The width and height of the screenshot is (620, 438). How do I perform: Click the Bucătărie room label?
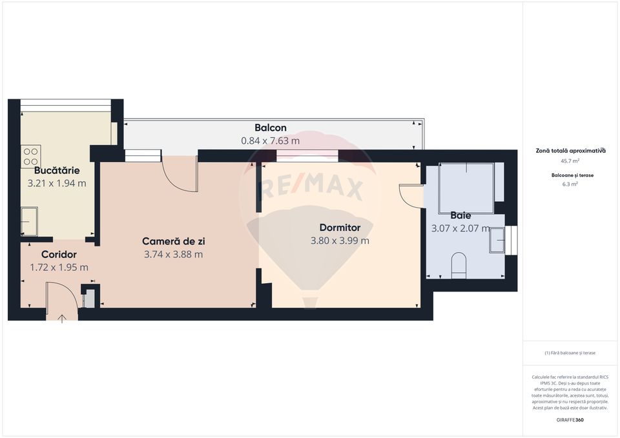(57, 170)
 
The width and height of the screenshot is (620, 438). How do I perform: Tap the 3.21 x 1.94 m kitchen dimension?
(57, 183)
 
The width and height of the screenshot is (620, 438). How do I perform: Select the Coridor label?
(59, 254)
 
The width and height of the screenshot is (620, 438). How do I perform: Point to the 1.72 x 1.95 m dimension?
(59, 267)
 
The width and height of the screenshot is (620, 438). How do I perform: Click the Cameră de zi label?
(173, 241)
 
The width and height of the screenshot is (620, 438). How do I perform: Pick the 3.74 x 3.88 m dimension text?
(173, 254)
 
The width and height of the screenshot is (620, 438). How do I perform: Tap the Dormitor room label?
(340, 228)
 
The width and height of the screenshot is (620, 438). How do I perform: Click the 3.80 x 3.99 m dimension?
(340, 241)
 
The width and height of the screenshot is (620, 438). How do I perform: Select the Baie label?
(460, 215)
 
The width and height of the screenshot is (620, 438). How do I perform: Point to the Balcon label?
(270, 128)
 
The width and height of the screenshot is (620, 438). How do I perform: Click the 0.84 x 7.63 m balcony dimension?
(270, 141)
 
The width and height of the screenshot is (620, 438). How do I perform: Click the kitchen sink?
(29, 221)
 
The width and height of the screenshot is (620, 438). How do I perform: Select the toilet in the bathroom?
(459, 265)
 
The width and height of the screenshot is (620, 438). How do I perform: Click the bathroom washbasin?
(497, 240)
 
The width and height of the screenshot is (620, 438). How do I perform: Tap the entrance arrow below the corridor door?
(62, 317)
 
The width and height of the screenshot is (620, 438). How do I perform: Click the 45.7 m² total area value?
(570, 161)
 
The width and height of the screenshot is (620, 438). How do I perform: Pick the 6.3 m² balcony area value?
(570, 184)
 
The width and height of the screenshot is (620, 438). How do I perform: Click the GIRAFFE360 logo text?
(570, 420)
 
